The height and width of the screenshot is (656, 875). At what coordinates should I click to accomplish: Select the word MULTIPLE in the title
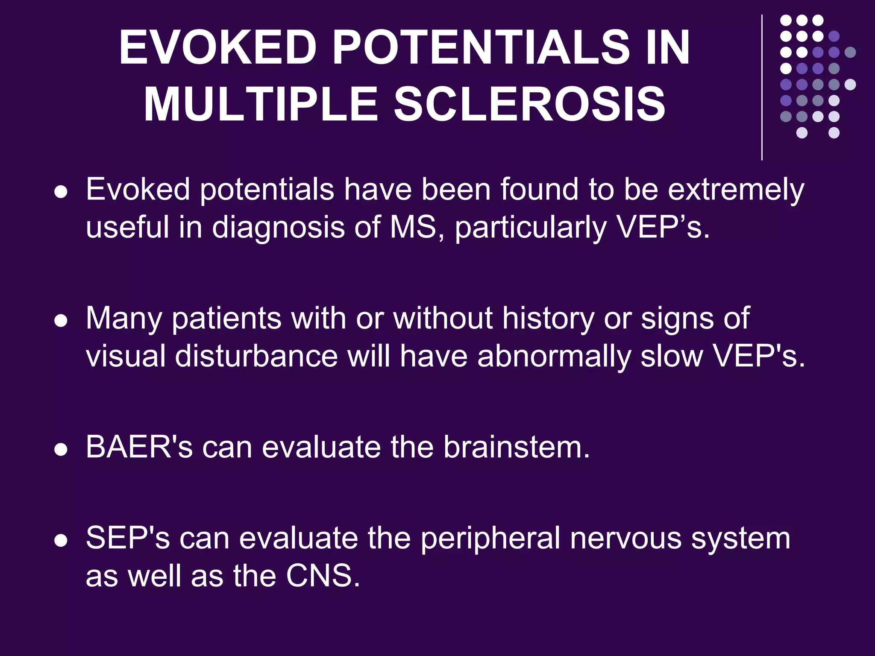(x=261, y=105)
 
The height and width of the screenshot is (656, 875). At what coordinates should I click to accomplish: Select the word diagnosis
(x=278, y=228)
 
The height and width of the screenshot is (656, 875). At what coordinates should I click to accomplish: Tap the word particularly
(x=530, y=228)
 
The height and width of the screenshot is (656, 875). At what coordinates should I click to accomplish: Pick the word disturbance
(x=256, y=356)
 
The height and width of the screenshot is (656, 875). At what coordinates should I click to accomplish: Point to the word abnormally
(x=554, y=357)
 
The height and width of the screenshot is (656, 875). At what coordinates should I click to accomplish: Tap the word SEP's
(x=128, y=538)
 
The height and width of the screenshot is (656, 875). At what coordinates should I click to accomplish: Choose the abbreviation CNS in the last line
(x=323, y=576)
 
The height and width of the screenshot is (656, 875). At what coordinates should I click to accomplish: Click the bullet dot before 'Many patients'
(x=61, y=321)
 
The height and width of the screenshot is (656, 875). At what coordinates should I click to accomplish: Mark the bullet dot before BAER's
(x=61, y=450)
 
